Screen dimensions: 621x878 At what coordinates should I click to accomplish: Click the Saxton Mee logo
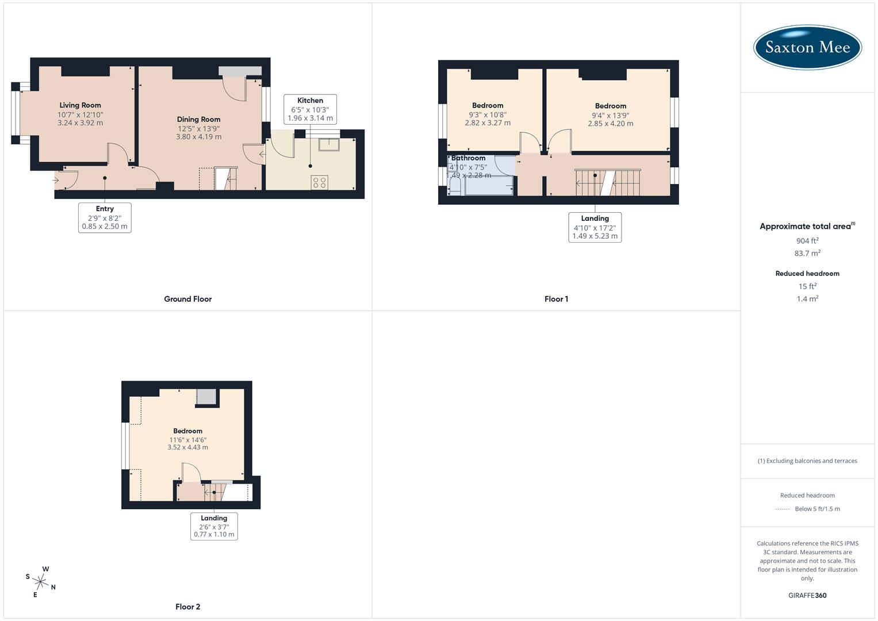click(x=807, y=48)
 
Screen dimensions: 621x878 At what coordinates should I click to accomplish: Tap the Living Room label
click(x=80, y=105)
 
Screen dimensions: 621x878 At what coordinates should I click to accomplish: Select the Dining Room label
click(x=198, y=120)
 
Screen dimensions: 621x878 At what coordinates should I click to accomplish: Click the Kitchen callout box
click(x=310, y=109)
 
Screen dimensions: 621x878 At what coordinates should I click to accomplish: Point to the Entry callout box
click(x=105, y=217)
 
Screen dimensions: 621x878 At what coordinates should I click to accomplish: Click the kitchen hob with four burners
click(x=320, y=182)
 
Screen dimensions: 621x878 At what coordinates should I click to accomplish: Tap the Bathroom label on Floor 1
click(x=468, y=158)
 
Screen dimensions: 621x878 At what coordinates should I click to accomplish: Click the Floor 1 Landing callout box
click(x=595, y=227)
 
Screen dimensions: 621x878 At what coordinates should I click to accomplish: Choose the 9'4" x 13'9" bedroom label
click(x=610, y=106)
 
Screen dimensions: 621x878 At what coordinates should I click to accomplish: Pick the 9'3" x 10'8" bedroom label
click(x=488, y=105)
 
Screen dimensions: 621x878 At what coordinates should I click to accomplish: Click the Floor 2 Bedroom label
click(x=187, y=431)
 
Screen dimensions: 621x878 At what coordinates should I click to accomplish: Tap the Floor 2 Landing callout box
click(x=214, y=526)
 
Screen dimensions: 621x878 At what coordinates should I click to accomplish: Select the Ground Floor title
click(x=187, y=299)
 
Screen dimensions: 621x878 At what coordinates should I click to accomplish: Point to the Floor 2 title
click(x=187, y=607)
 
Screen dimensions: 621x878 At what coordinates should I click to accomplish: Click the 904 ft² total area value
click(x=807, y=241)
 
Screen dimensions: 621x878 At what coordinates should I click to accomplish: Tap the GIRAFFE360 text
click(x=807, y=595)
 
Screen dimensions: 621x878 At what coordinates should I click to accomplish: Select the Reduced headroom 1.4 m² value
click(x=807, y=299)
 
